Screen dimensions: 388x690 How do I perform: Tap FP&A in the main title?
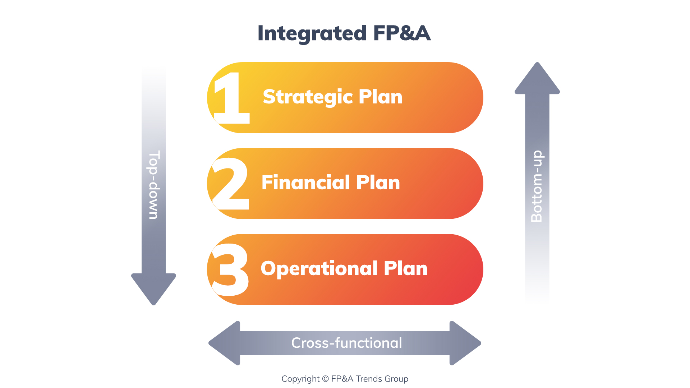tap(401, 33)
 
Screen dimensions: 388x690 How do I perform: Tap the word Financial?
tap(305, 183)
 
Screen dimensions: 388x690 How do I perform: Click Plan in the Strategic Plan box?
tap(380, 97)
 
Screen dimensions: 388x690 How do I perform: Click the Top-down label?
tap(154, 185)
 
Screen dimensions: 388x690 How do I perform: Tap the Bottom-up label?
tap(537, 186)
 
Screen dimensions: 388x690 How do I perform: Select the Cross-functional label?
tap(346, 343)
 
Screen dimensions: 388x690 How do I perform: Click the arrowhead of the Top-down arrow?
tap(154, 287)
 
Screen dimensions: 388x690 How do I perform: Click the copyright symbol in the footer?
tap(325, 379)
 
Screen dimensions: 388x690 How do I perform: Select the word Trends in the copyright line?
tap(369, 379)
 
